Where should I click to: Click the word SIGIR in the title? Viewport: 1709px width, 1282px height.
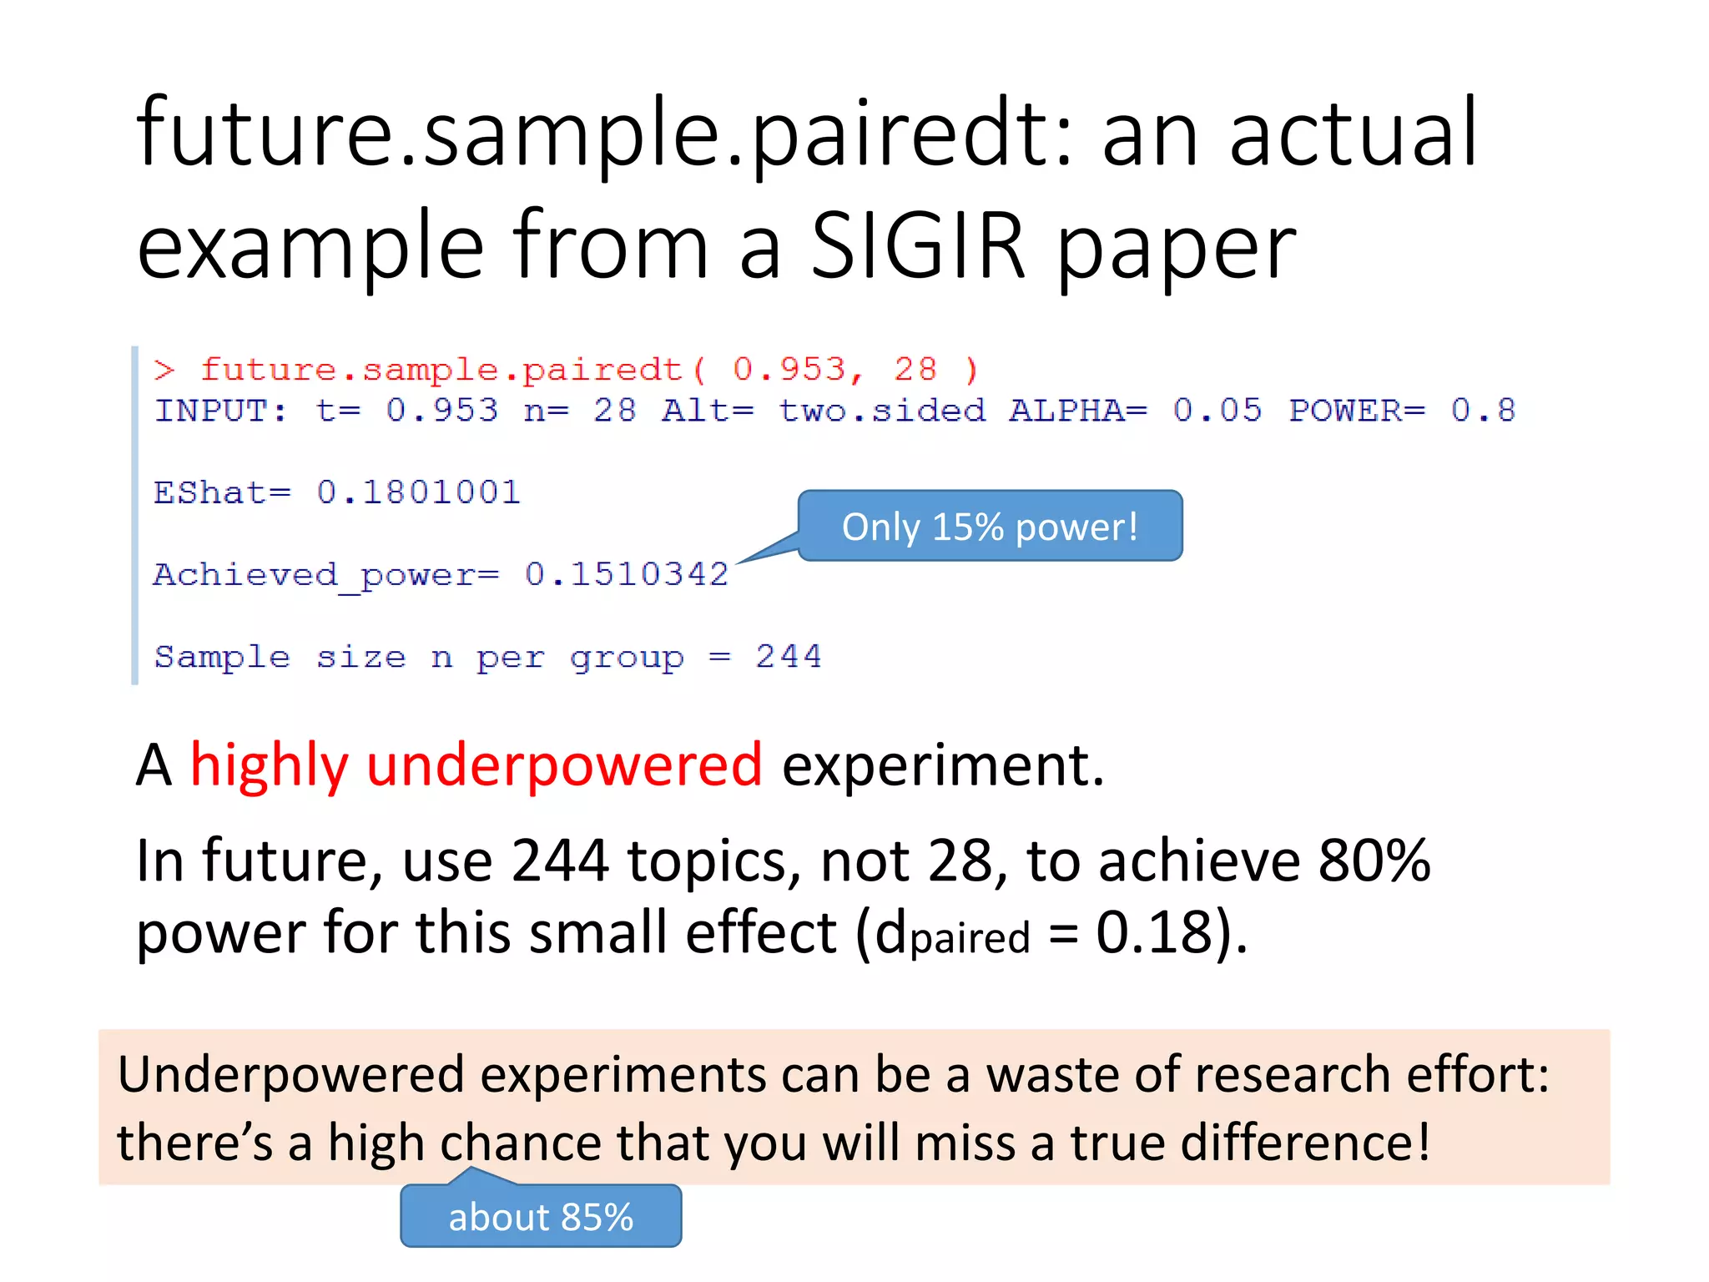click(x=917, y=245)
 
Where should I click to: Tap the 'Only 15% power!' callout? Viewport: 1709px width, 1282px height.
click(x=990, y=527)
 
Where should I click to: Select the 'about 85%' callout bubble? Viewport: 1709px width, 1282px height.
click(x=541, y=1217)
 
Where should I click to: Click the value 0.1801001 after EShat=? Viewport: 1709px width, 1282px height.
click(x=418, y=492)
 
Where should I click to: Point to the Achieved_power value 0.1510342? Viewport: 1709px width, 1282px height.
click(x=627, y=574)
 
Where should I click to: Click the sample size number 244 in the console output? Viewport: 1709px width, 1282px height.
click(x=789, y=657)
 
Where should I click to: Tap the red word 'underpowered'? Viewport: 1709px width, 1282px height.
click(x=564, y=765)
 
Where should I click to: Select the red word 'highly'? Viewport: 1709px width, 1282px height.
click(x=269, y=765)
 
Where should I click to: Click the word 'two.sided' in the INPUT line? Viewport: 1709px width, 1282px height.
click(x=882, y=411)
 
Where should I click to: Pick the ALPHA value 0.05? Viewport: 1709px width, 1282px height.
click(x=1217, y=411)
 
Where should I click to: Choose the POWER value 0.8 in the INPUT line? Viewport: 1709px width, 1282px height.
click(x=1483, y=411)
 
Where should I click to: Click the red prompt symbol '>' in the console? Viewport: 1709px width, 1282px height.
click(x=164, y=370)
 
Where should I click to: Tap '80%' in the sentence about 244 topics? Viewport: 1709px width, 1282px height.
click(x=1374, y=861)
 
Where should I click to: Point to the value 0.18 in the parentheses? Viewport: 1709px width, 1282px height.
click(x=1153, y=932)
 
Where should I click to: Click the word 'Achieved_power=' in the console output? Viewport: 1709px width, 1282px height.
click(x=326, y=575)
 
